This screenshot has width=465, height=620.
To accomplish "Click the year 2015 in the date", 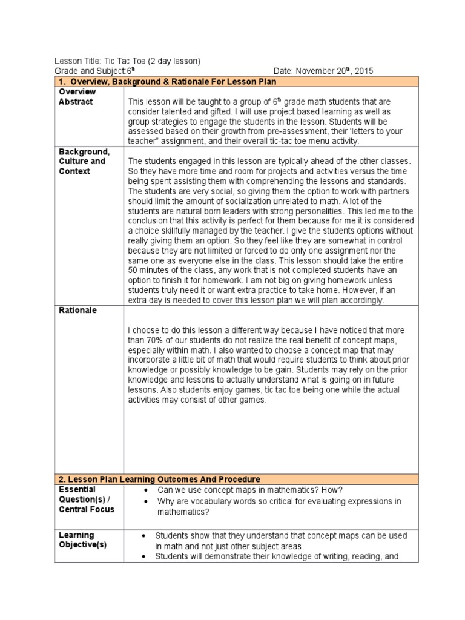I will [x=364, y=71].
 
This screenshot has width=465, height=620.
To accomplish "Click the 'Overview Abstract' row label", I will [x=76, y=97].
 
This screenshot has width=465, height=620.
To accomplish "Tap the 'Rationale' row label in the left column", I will [x=77, y=311].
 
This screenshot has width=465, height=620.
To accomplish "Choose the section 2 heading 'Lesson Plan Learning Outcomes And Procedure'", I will [x=162, y=479].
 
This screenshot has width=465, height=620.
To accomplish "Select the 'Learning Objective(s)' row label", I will [x=82, y=540].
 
